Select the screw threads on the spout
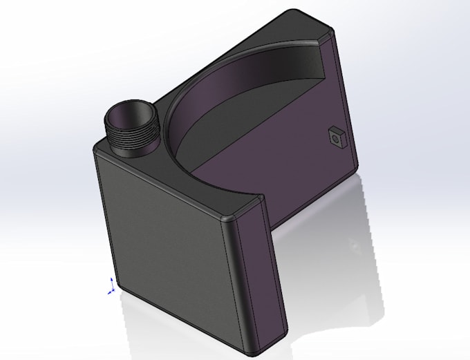click(131, 138)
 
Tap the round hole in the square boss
click(337, 138)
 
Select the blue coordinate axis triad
click(111, 285)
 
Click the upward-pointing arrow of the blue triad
click(112, 279)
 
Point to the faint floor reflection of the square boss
click(355, 245)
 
